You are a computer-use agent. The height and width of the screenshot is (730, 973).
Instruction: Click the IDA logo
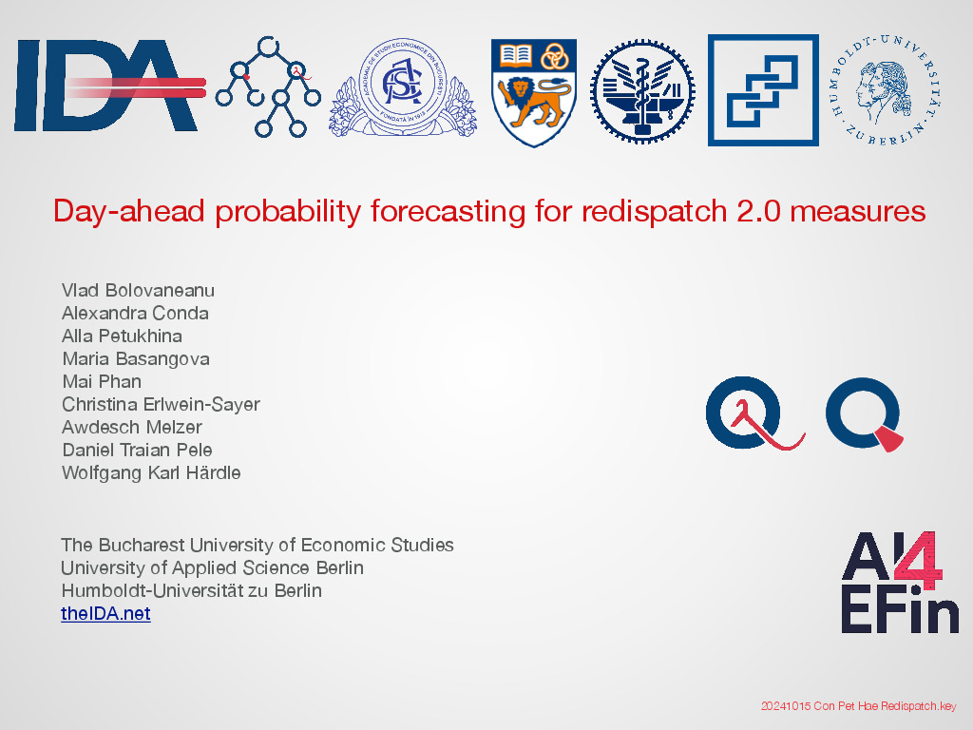coord(109,86)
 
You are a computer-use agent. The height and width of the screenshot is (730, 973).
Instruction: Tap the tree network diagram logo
coord(268,86)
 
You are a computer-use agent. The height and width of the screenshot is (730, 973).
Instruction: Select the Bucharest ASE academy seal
coord(403,86)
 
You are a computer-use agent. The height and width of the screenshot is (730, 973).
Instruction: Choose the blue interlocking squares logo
coord(763,90)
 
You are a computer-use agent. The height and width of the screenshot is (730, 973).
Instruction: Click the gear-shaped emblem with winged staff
coord(642,92)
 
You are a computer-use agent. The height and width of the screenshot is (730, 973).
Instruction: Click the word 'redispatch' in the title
coord(654,212)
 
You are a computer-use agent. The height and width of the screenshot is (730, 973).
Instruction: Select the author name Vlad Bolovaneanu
coord(138,291)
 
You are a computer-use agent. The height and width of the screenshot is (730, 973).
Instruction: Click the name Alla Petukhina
coord(122,336)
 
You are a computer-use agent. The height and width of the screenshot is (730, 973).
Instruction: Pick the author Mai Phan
coord(102,381)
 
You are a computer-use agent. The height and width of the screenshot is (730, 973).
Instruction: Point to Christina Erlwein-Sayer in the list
coord(161,404)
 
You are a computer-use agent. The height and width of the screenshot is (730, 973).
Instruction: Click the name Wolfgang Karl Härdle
coord(151,472)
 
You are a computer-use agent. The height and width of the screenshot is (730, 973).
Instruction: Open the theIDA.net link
coord(105,613)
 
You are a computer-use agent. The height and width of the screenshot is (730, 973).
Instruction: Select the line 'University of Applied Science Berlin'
coord(212,568)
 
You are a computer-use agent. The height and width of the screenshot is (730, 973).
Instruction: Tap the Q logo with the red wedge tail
coord(864,413)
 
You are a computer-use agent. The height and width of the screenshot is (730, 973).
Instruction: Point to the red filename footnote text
coord(859,706)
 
